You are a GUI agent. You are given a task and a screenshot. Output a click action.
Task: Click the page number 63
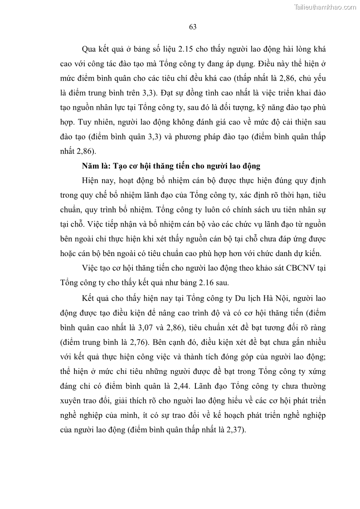(192, 27)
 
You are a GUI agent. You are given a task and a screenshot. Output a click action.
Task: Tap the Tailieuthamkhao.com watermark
(326, 7)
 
